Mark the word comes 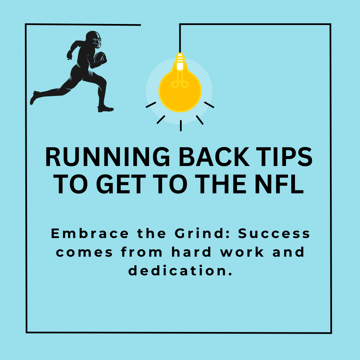pos(85,252)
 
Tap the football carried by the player pos(100,58)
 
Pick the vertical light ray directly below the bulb pos(181,125)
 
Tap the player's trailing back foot pos(34,97)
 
